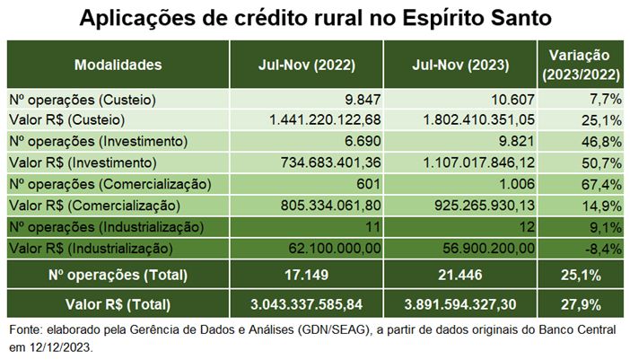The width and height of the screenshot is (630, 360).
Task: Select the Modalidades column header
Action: (118, 65)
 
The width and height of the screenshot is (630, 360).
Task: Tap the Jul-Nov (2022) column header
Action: (307, 65)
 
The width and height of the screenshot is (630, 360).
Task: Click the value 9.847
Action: (355, 99)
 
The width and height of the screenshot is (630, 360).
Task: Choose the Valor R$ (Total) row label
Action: (118, 303)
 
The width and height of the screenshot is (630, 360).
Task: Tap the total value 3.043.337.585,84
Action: (307, 303)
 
